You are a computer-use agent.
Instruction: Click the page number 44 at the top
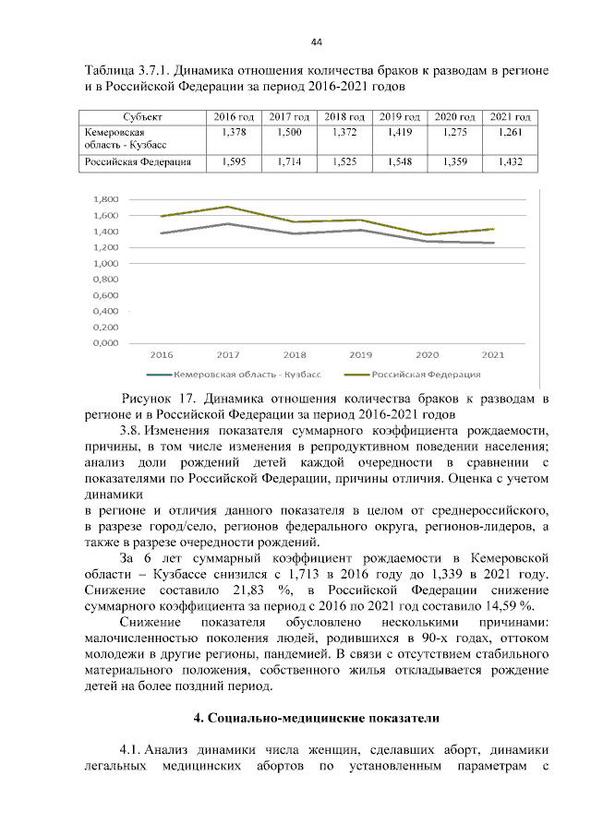316,42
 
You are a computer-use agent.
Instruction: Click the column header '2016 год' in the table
234,117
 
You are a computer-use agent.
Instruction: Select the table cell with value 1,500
289,133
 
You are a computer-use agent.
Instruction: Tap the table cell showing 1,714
289,161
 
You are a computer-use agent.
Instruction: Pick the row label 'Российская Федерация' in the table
139,161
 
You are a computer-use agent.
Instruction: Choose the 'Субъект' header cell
142,117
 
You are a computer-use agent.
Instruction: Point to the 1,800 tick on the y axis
106,199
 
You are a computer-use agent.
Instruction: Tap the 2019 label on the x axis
360,354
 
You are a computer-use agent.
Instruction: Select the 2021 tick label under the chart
492,354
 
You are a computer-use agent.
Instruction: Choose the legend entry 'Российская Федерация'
426,375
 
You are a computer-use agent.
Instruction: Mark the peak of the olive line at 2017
228,207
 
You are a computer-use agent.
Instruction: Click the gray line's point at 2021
492,243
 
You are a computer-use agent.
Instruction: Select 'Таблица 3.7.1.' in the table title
126,70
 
